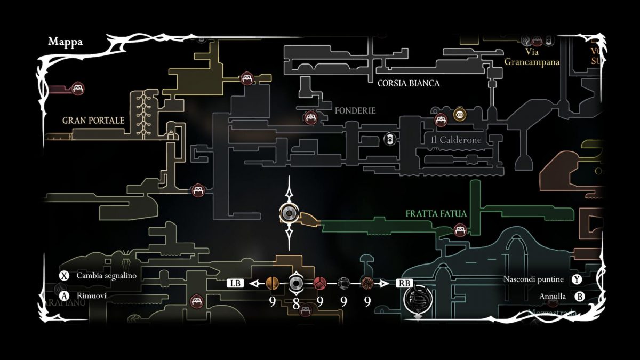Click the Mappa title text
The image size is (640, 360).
coord(65,42)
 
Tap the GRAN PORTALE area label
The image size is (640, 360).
coord(93,121)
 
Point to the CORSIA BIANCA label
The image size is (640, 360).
coord(409,83)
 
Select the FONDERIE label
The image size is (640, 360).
coord(355,111)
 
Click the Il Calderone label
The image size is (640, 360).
coord(456,140)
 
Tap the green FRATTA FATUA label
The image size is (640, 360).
coord(436,213)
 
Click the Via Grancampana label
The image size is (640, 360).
coord(532,57)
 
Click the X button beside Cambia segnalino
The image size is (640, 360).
coord(65,276)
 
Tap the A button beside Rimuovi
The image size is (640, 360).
coord(65,295)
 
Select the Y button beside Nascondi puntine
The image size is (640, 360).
coord(576,279)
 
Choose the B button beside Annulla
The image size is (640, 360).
coord(576,296)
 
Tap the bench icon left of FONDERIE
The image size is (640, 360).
coord(310,117)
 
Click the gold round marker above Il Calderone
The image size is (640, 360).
coord(459,114)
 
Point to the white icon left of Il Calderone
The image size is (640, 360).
coord(390,140)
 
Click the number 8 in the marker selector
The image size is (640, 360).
coord(296,303)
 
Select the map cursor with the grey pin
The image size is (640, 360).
coord(289,214)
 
